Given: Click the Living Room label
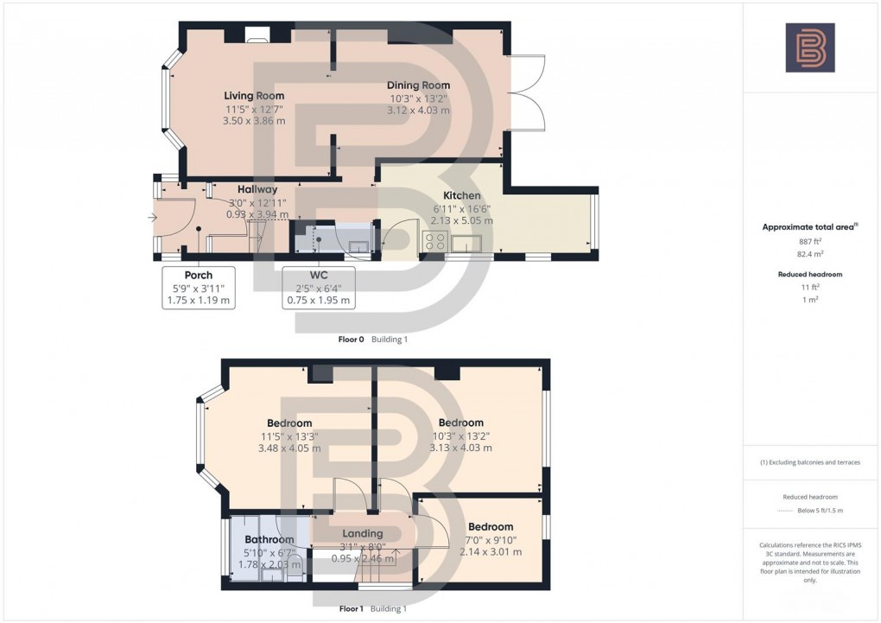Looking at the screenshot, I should (254, 96).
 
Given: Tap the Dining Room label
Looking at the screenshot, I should (419, 86).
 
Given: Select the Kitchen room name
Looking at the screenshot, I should (461, 196).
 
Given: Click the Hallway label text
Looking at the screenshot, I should (257, 189).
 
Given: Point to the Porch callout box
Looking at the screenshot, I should (199, 288).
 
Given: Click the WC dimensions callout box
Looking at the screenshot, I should (319, 288).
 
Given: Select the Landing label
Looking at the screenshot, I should (362, 533).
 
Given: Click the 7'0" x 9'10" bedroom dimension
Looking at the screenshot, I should (491, 540).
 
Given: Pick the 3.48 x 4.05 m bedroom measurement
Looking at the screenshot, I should (288, 448).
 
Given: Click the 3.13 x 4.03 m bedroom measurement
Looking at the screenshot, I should (460, 448).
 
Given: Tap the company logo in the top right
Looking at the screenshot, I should (809, 48).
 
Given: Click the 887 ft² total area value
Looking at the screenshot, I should (809, 243).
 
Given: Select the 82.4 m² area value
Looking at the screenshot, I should (809, 256).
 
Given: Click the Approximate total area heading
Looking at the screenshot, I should (808, 227).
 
